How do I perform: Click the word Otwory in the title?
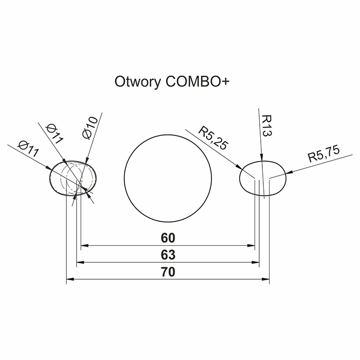click(137, 82)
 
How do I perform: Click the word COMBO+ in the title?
click(197, 81)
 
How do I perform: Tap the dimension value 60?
click(168, 238)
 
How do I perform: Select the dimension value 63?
click(168, 255)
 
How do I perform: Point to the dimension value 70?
click(168, 272)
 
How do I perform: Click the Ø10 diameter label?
click(90, 128)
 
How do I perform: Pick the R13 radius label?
click(267, 125)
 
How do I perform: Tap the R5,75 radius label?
click(323, 154)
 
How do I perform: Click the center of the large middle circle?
click(168, 178)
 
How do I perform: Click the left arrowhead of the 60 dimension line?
click(85, 246)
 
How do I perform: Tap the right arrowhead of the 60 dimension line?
click(251, 246)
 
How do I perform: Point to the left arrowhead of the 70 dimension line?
click(70, 279)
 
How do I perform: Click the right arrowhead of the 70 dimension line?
click(266, 279)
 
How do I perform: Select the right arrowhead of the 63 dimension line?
click(256, 262)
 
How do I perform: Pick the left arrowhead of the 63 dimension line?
click(80, 262)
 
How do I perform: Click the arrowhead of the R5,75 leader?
click(289, 172)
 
